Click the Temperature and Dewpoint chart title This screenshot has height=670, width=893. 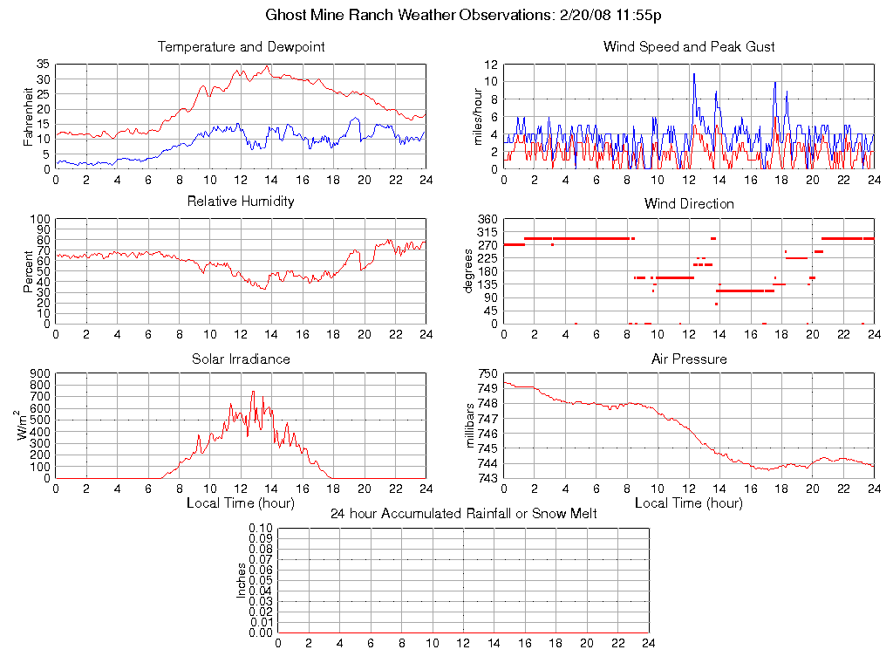[x=241, y=47]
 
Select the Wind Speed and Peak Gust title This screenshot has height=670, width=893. [x=689, y=47]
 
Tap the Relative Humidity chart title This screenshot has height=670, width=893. [x=241, y=202]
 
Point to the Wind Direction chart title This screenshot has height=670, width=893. [x=689, y=204]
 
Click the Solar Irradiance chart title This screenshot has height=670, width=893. [x=241, y=359]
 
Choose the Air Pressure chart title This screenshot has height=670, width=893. [x=689, y=359]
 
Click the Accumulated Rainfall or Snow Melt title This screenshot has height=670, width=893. [x=463, y=514]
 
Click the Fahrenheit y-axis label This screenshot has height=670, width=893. [x=29, y=117]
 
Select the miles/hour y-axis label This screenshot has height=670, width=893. [x=477, y=117]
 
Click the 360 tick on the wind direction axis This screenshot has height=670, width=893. [x=487, y=219]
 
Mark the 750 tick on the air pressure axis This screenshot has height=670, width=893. [x=487, y=373]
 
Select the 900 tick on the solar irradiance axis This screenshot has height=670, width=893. [x=40, y=373]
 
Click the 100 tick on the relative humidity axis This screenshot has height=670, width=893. [x=40, y=219]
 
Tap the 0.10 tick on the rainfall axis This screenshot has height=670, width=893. [x=261, y=529]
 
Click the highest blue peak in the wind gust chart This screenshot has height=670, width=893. [x=694, y=73]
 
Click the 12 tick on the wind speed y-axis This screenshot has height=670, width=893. [x=491, y=65]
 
